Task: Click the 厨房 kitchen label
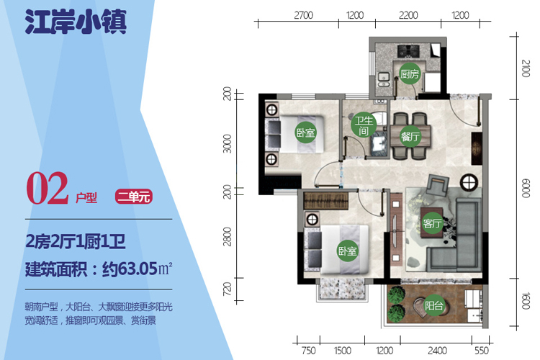[410, 73]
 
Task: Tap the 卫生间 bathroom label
[364, 125]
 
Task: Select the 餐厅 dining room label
[410, 136]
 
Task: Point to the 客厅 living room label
[432, 223]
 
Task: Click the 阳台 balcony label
[433, 305]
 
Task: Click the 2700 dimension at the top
[303, 16]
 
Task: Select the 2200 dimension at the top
[408, 16]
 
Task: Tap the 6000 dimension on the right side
[525, 188]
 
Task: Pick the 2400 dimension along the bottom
[437, 351]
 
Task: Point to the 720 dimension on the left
[228, 289]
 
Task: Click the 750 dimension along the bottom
[308, 351]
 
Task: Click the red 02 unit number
[48, 188]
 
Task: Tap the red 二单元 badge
[134, 197]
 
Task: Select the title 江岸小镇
[76, 22]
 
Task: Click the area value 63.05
[138, 269]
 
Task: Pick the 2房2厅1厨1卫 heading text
[76, 241]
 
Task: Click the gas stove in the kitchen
[408, 51]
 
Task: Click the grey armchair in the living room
[438, 185]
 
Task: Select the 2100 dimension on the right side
[525, 68]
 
